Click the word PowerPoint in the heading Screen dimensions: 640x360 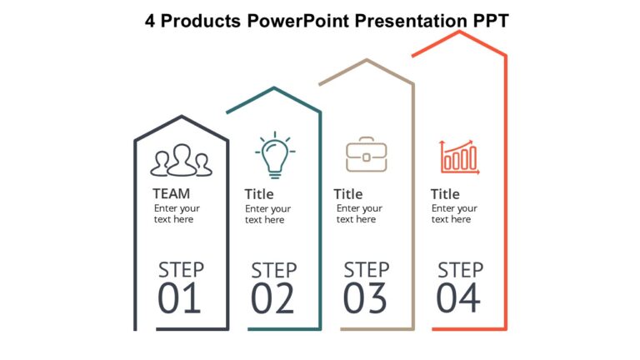click(298, 21)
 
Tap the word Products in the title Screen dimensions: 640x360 click(200, 21)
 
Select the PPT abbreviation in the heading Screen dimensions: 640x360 click(491, 21)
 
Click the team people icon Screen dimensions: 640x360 click(181, 160)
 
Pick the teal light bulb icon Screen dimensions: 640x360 click(275, 155)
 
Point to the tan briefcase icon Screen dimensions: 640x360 click(367, 154)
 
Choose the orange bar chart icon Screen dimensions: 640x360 click(459, 157)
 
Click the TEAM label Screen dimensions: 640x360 click(172, 193)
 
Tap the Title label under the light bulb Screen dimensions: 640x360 click(259, 194)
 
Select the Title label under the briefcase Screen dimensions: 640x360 click(348, 194)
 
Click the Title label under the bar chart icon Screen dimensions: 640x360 click(445, 194)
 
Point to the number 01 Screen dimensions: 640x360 click(179, 298)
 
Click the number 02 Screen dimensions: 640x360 click(272, 298)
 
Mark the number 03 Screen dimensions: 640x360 click(365, 298)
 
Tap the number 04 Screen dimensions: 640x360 click(458, 298)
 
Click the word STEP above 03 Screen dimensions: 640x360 click(367, 270)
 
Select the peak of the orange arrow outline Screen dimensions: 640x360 click(460, 32)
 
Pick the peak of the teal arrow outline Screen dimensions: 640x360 click(274, 88)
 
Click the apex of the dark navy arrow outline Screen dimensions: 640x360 click(182, 117)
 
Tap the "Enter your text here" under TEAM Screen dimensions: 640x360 click(177, 213)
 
